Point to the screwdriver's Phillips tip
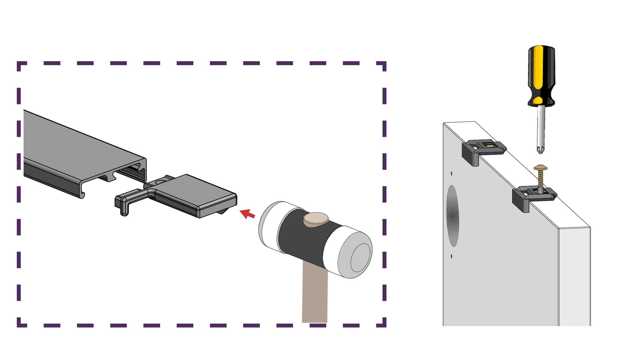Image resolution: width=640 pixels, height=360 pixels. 540,149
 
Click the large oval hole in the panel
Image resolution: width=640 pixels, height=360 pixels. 453,216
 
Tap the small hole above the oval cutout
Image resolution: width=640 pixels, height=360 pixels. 452,173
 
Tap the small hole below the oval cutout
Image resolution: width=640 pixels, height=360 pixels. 452,256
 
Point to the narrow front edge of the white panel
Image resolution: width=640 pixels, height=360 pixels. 574,276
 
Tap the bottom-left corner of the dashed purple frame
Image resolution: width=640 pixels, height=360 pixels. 20,324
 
